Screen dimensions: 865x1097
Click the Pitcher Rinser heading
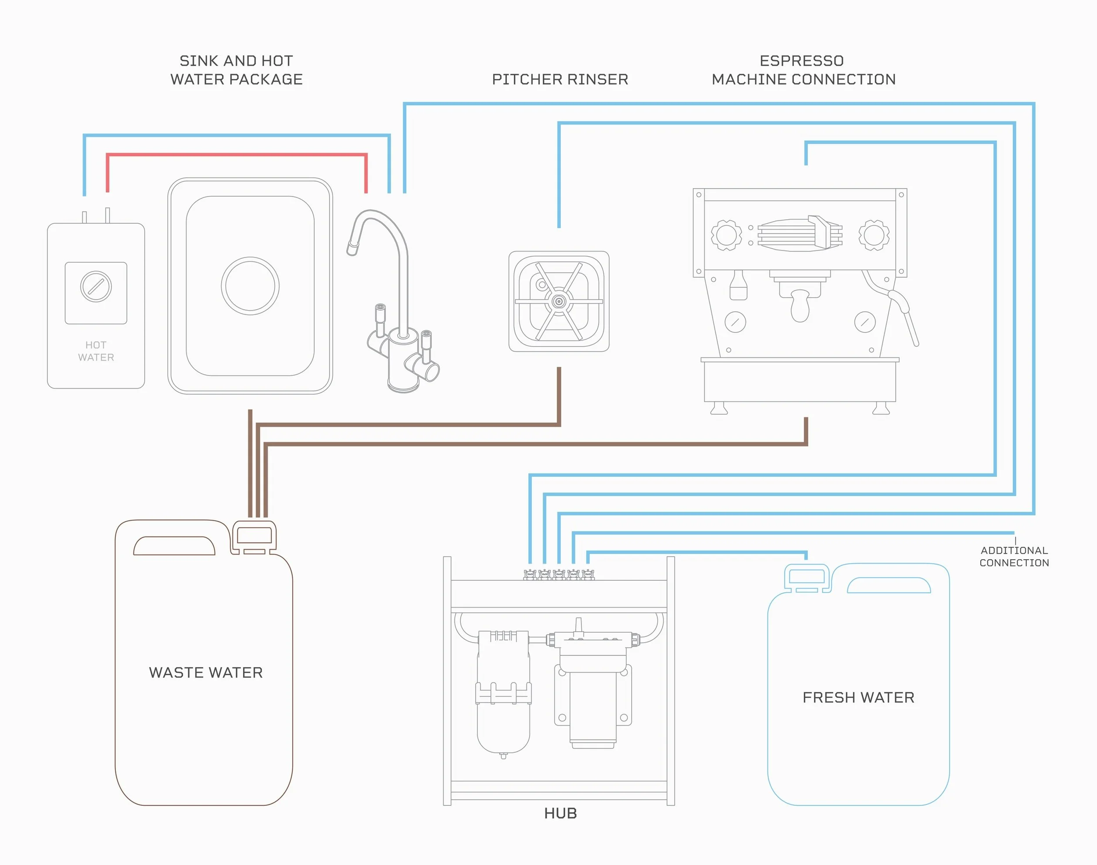point(560,79)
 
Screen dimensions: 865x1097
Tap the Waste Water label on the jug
point(206,672)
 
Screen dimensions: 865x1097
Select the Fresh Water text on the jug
point(858,697)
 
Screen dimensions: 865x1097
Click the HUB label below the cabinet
point(560,813)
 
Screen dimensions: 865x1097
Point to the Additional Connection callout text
point(1014,557)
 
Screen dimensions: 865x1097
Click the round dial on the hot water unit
point(96,286)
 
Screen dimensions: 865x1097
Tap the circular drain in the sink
point(250,286)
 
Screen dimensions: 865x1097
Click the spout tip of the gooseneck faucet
point(351,249)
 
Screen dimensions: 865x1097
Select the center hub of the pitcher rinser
point(559,302)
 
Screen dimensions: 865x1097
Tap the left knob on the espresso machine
point(726,235)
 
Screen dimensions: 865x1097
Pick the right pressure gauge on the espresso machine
point(864,322)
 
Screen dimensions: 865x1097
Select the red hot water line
point(236,154)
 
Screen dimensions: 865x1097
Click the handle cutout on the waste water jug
point(174,546)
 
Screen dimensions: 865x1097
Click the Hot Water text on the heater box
point(96,351)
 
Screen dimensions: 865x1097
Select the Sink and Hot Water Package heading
point(236,70)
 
